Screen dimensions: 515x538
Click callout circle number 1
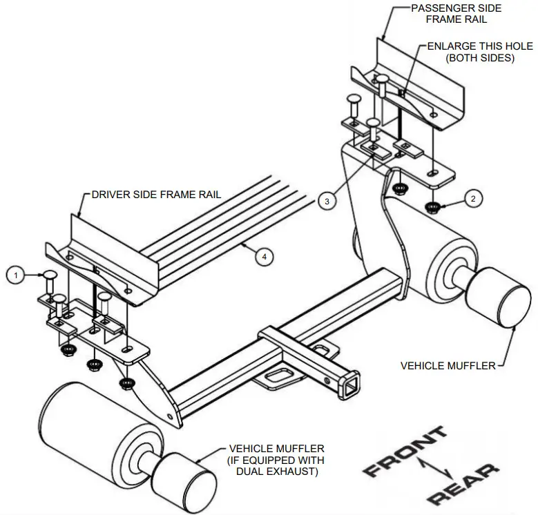[x=15, y=275]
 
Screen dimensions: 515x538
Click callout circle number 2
[x=472, y=199]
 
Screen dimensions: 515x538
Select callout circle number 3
[x=327, y=201]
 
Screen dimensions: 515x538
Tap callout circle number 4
[x=263, y=256]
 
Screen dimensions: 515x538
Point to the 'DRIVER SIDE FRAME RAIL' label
[x=156, y=195]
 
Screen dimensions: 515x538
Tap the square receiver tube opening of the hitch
[x=352, y=379]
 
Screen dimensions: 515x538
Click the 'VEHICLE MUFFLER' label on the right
[x=448, y=365]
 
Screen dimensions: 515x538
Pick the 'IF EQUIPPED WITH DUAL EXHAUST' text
[x=276, y=466]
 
